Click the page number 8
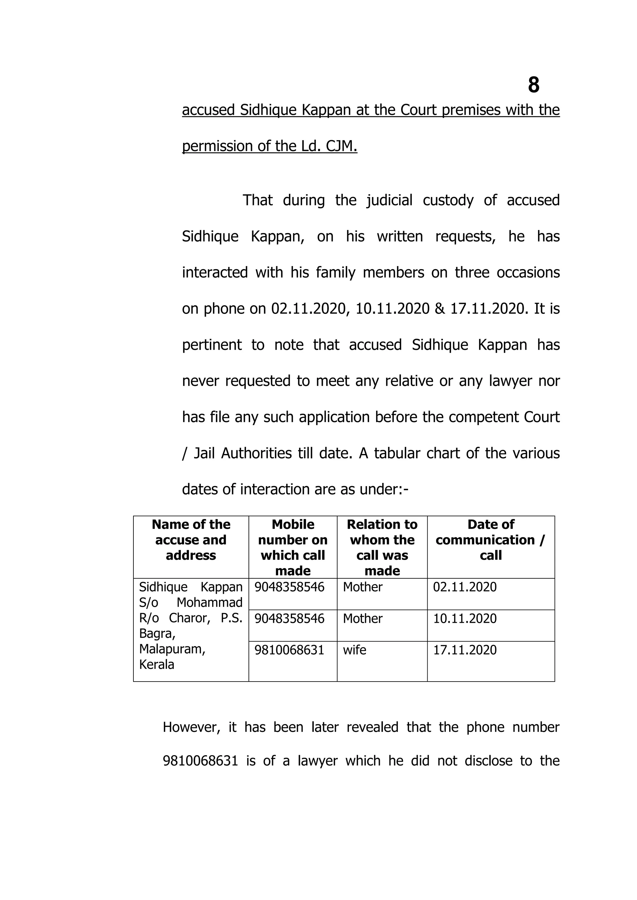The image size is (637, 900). click(533, 85)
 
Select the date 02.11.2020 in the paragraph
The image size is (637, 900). click(309, 309)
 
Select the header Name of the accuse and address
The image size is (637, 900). click(191, 540)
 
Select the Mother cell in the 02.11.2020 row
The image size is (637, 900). click(362, 587)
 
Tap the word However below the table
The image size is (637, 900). click(190, 727)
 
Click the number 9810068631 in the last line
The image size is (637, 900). click(200, 760)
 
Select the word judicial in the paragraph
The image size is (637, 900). click(389, 200)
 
